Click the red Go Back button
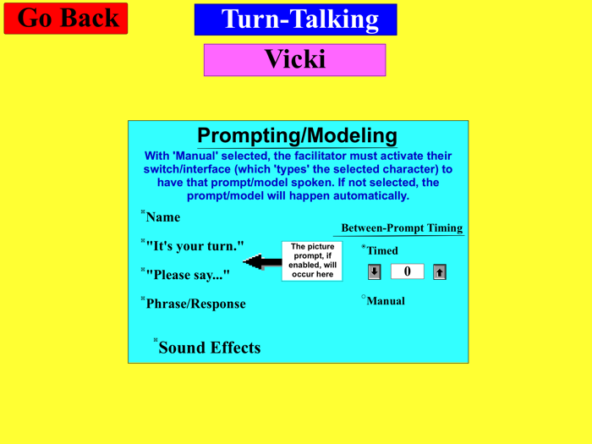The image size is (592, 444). [66, 19]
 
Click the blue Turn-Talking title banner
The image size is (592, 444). [295, 19]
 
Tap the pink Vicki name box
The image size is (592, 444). [294, 60]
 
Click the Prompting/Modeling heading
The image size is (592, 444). [297, 135]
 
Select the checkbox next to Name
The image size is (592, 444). [143, 212]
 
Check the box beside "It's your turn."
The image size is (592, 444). [143, 242]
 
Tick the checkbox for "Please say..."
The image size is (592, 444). [143, 270]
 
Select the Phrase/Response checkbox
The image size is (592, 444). [143, 299]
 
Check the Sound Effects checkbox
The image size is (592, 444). [156, 341]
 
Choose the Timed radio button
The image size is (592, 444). [364, 247]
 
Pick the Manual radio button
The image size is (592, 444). [364, 297]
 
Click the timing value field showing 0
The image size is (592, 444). [407, 271]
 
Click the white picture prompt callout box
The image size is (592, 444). [313, 260]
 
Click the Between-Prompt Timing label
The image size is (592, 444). [401, 228]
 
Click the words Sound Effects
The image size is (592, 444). [210, 348]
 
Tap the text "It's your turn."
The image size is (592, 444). [195, 246]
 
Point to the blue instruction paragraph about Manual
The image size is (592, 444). [298, 176]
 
